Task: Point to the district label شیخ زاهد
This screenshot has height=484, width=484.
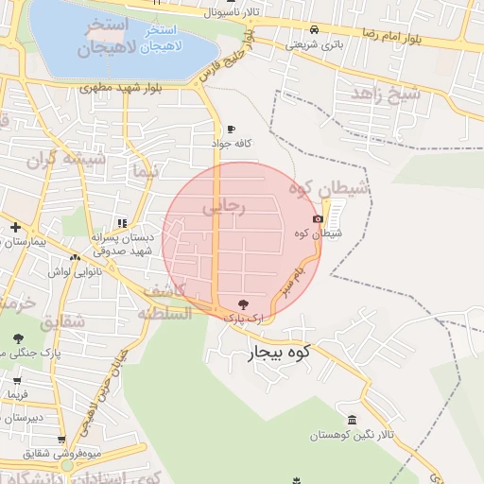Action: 385,94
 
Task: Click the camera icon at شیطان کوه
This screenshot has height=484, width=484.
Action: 318,219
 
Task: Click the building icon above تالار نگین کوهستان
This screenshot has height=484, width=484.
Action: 352,420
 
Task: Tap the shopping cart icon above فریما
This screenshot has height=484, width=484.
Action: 18,379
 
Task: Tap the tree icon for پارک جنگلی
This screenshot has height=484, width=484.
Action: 18,337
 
